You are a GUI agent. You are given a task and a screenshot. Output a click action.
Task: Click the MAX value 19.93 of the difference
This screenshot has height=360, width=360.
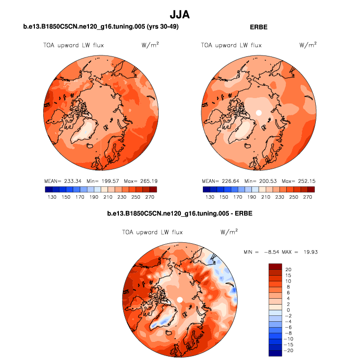312,252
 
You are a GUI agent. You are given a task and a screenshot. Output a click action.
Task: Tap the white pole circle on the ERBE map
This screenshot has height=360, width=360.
259,113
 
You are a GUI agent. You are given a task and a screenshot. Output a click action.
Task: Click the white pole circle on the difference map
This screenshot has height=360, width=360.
180,299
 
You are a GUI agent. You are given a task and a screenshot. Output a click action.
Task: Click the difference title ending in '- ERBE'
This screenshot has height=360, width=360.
180,214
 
